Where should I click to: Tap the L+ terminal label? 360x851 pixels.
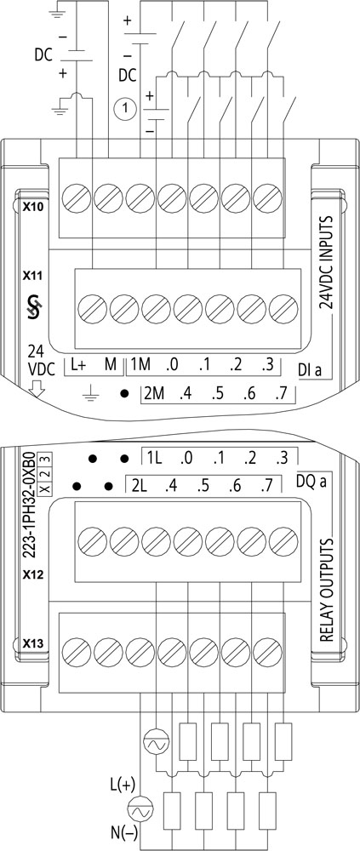(78, 365)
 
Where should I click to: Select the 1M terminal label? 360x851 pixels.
(141, 365)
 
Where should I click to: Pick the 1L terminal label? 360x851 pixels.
(154, 458)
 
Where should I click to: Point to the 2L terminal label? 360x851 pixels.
(140, 486)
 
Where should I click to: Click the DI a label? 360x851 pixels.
(310, 370)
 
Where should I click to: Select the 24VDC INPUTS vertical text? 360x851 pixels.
(326, 263)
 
